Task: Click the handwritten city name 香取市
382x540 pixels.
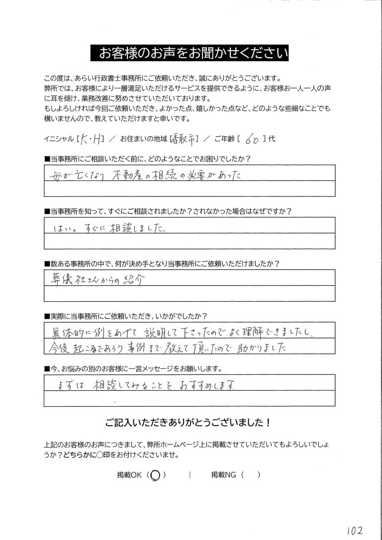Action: coord(185,140)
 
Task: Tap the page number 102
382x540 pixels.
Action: coord(354,528)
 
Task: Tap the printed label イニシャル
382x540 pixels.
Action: coord(59,140)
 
